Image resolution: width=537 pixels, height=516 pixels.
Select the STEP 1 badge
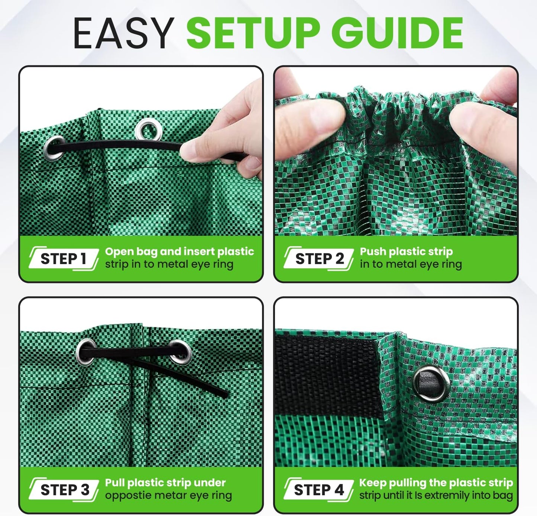tap(64, 259)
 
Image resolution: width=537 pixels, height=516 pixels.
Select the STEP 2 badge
tap(319, 259)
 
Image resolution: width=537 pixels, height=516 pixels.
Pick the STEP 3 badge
tap(64, 490)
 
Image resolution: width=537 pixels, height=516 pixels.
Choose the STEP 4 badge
tap(318, 490)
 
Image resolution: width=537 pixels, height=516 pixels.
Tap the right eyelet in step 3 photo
tap(181, 351)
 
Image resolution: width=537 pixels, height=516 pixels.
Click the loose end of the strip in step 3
tap(223, 394)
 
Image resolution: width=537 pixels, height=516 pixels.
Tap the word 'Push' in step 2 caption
tap(373, 251)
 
